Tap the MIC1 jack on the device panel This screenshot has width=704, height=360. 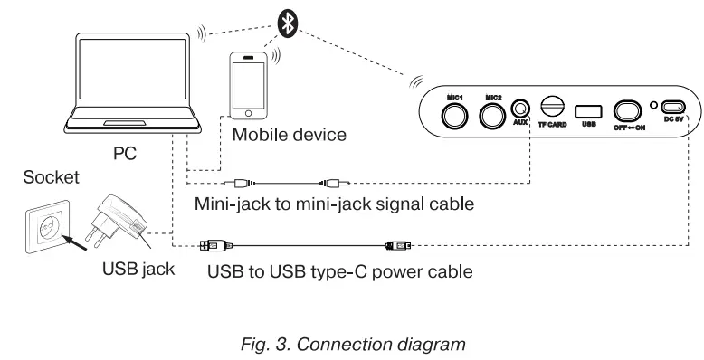454,115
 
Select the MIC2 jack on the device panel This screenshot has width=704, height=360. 493,115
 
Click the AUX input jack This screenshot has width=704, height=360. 521,109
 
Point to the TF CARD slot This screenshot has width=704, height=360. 552,106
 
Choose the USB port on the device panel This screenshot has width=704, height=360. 588,109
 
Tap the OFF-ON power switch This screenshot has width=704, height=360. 627,110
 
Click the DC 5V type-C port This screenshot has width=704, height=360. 674,106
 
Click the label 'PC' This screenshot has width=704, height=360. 125,154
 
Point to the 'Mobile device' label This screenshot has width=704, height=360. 289,135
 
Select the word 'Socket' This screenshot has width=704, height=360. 45,176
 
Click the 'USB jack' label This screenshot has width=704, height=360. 138,269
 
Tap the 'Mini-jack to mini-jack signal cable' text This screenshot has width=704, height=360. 334,204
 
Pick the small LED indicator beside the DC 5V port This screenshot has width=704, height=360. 653,107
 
